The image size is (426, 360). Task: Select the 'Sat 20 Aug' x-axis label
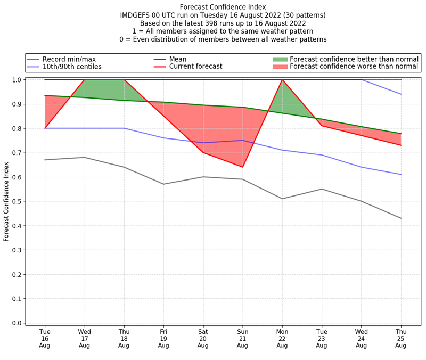pos(203,339)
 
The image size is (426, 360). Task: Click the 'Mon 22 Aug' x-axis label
pos(282,339)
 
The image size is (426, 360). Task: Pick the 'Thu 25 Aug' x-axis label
pos(401,339)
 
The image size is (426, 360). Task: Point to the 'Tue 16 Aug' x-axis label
pos(45,339)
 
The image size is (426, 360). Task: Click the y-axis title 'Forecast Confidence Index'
pos(6,201)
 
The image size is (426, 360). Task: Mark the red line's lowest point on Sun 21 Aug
pos(243,167)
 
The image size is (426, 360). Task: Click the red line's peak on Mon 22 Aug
pos(282,80)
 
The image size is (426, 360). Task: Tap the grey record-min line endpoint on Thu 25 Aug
pos(401,218)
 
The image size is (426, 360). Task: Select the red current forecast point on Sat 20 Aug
pos(203,153)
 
